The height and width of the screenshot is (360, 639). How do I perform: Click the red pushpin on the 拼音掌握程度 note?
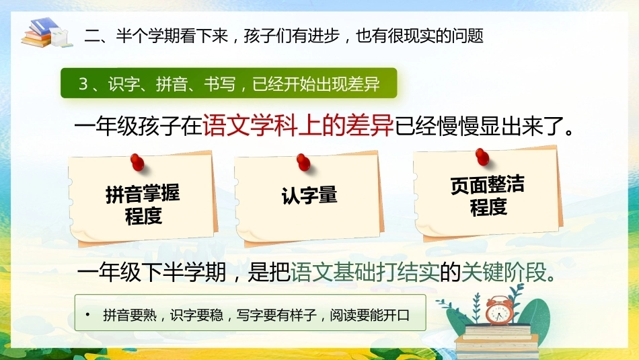(x=137, y=162)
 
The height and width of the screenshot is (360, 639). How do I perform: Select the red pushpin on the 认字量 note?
(x=303, y=162)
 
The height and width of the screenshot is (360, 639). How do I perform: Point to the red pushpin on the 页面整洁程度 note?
(x=482, y=157)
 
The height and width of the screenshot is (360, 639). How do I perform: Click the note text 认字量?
(x=309, y=195)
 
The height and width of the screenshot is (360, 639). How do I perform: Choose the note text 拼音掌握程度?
(x=143, y=205)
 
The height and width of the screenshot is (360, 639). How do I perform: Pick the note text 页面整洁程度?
(x=488, y=196)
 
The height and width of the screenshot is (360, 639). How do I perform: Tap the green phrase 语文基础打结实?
(x=365, y=272)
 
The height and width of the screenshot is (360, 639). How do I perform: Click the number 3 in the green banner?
(x=83, y=84)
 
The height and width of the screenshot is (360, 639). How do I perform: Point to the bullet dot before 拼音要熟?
(x=87, y=314)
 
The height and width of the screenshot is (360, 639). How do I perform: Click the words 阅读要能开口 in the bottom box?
(x=370, y=315)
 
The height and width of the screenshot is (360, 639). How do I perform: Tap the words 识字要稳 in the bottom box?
(x=197, y=315)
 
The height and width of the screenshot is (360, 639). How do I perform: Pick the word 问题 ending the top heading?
(x=467, y=36)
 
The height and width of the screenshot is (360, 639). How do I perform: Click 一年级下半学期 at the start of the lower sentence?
(x=151, y=272)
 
